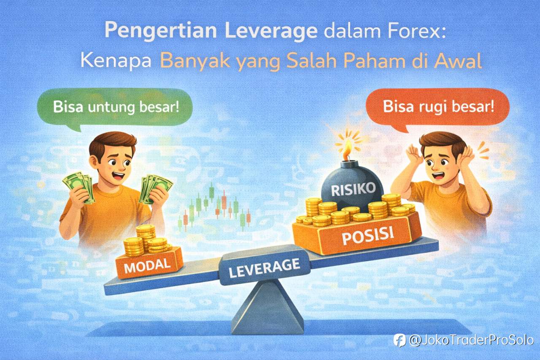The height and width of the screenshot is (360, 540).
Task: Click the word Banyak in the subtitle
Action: coord(195,62)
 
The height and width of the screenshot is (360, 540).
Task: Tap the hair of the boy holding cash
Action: coord(112,141)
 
